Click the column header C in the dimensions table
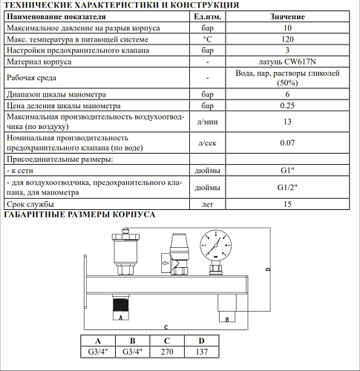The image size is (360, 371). point(166,341)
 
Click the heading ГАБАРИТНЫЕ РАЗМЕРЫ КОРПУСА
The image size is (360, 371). point(79,214)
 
